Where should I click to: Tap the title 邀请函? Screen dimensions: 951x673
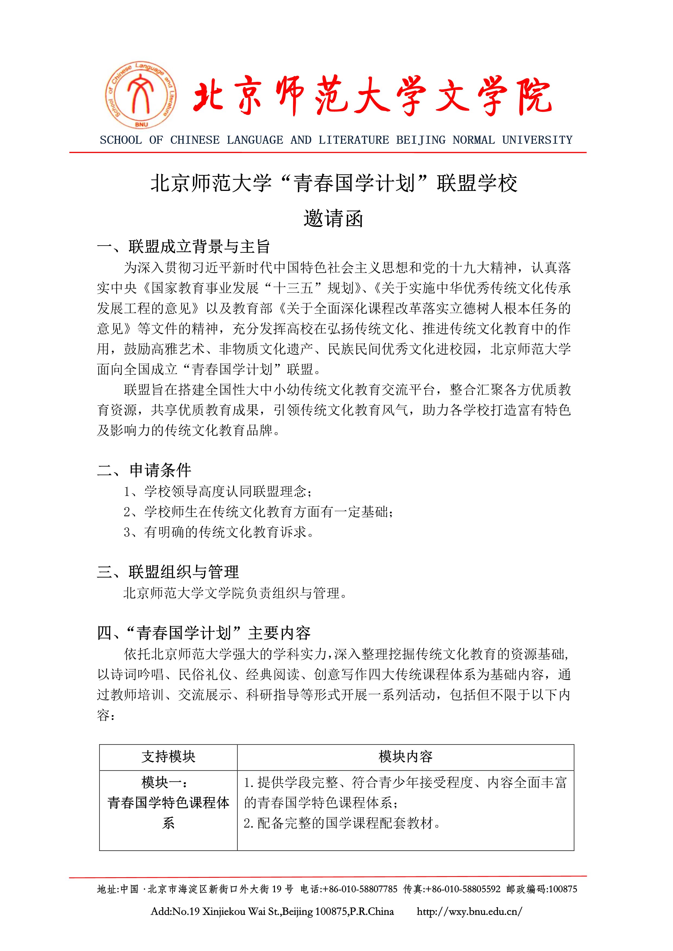333,219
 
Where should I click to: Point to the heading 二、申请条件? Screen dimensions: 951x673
144,470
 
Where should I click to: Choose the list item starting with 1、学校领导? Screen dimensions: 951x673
218,492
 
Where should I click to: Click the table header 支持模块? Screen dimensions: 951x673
168,757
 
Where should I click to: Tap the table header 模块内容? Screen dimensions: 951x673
405,757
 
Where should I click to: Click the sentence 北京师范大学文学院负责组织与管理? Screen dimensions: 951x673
234,593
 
